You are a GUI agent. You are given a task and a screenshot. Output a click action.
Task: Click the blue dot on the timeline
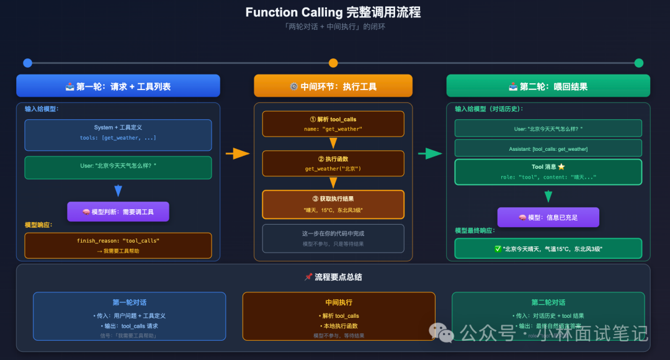27,63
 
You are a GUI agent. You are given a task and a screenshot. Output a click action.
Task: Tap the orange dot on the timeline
333,63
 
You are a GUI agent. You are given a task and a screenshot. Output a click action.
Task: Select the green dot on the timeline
639,63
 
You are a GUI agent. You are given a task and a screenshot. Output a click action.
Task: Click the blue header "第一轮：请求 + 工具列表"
118,86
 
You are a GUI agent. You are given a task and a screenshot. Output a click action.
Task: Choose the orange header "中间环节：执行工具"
333,86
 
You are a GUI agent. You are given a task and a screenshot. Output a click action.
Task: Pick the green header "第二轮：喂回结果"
548,86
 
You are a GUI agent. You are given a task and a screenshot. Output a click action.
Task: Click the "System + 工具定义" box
118,135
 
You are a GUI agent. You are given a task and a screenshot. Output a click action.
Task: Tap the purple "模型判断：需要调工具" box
118,212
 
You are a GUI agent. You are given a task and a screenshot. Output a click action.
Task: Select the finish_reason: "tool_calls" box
118,245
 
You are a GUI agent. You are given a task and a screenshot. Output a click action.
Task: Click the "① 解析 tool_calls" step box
333,124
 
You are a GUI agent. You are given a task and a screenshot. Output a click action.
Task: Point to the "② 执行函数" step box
333,163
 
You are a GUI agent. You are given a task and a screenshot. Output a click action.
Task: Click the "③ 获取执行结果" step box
333,204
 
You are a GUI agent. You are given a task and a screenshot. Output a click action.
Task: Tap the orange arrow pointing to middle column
237,153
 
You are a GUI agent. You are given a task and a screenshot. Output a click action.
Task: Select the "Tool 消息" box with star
548,171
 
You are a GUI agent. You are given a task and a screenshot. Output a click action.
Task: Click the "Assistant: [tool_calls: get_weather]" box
548,148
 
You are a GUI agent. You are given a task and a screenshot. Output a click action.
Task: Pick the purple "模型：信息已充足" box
548,217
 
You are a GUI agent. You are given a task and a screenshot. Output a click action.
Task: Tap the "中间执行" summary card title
339,302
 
